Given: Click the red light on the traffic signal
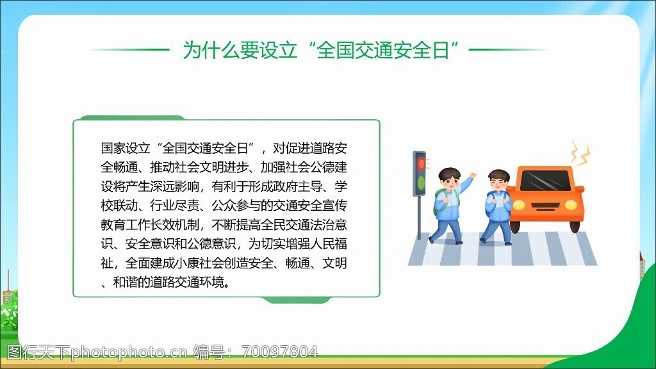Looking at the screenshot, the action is (x=421, y=163).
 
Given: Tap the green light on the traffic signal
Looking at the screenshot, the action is (x=421, y=183).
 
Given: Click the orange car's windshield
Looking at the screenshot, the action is (x=545, y=180).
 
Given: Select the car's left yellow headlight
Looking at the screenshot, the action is (x=519, y=205).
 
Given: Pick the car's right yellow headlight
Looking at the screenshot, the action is (x=571, y=205).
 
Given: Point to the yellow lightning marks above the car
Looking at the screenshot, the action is (x=580, y=153).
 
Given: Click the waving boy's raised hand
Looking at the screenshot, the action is (x=473, y=176).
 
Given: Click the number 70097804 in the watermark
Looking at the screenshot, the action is (x=279, y=352).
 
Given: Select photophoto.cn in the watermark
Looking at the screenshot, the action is (x=129, y=352).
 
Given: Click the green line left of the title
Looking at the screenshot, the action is (x=129, y=49).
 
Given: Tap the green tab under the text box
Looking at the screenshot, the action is (x=296, y=300).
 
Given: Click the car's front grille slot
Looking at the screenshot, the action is (x=545, y=206).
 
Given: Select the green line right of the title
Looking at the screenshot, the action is (x=509, y=49).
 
